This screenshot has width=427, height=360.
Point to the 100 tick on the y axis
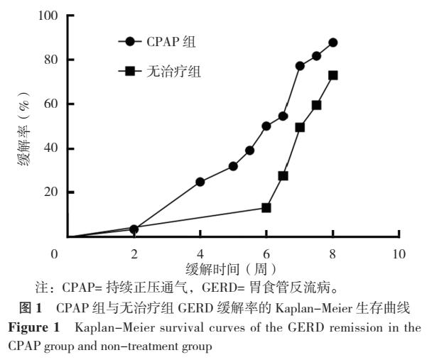(47, 16)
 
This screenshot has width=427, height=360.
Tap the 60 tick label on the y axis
(50, 104)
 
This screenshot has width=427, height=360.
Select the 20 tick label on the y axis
(50, 192)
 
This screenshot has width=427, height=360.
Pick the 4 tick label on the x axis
(200, 253)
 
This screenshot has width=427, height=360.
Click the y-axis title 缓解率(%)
(23, 128)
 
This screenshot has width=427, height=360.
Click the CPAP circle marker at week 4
(200, 182)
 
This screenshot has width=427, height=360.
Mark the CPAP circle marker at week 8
(333, 43)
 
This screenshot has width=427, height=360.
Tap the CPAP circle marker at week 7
(300, 66)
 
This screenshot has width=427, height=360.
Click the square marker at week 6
(266, 208)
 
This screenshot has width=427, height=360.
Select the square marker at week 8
(333, 75)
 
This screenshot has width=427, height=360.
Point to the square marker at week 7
(300, 127)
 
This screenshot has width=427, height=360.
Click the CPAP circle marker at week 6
(266, 126)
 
